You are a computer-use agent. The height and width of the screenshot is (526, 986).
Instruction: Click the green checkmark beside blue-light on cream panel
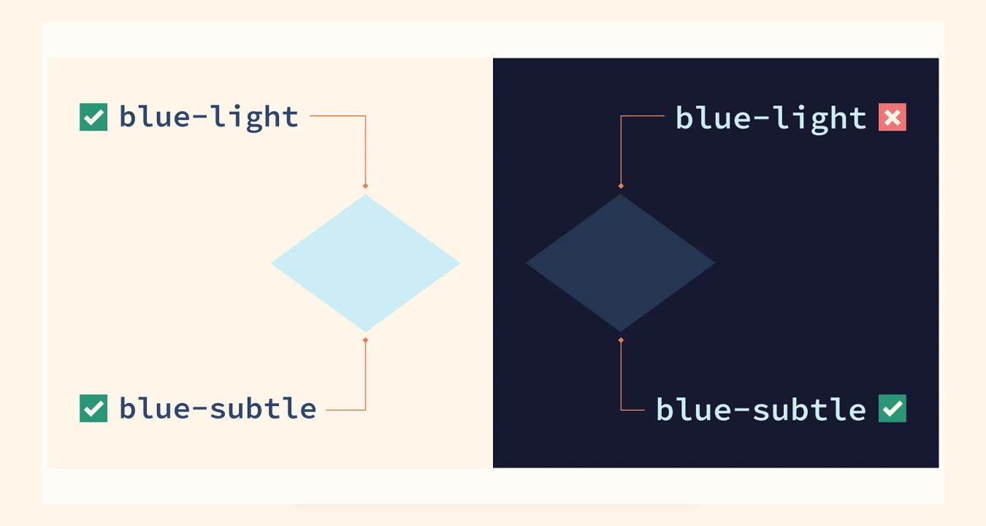[93, 117]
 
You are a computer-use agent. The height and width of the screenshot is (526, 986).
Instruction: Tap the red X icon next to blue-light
[892, 117]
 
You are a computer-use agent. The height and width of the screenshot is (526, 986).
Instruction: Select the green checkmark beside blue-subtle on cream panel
[93, 408]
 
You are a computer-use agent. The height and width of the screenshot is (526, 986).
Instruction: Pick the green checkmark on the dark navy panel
[892, 408]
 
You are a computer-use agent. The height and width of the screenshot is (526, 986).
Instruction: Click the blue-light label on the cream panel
[209, 117]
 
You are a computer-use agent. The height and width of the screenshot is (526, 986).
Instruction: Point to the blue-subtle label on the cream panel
[218, 408]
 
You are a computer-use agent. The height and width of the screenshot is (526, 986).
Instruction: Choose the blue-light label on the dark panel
[771, 118]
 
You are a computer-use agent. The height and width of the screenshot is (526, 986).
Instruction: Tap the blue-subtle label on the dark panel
[761, 409]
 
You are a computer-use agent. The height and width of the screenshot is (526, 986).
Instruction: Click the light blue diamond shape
[365, 263]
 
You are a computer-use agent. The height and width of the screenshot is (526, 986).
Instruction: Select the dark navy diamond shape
[620, 263]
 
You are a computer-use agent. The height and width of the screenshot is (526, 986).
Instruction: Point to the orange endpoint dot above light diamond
[365, 186]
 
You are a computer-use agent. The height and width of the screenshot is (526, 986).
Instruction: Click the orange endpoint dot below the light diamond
[365, 340]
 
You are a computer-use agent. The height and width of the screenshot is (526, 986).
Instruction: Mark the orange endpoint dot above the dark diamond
[621, 186]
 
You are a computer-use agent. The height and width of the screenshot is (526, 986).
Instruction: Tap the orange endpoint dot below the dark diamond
[621, 340]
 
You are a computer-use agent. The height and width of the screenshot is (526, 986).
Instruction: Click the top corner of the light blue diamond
[365, 196]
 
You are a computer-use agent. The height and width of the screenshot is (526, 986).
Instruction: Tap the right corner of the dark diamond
[712, 263]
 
